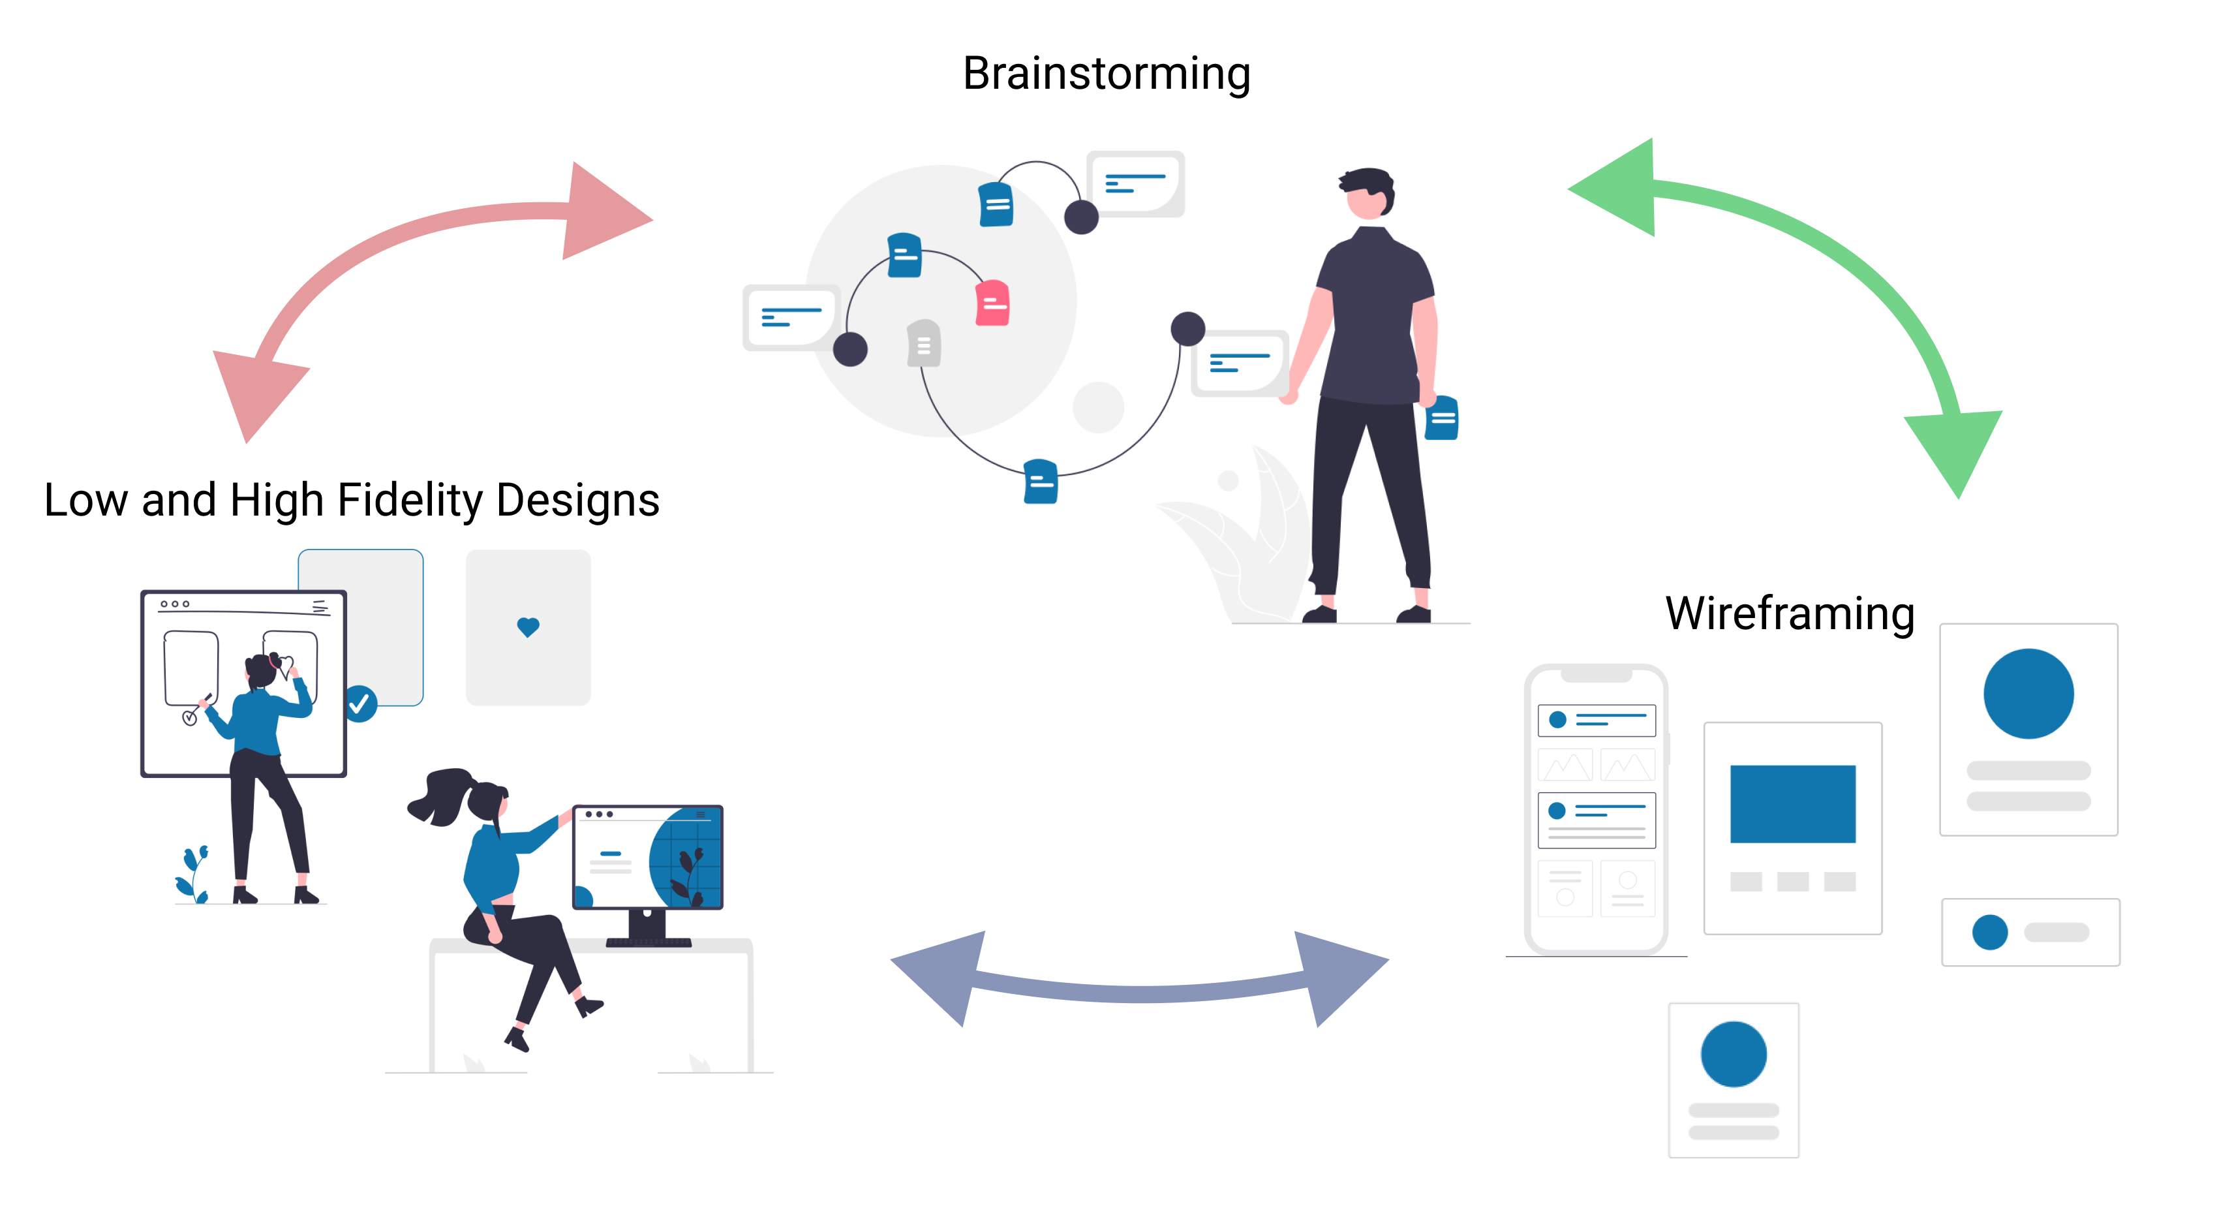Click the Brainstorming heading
pyautogui.click(x=1106, y=74)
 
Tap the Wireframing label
pyautogui.click(x=1790, y=613)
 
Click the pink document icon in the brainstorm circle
pyautogui.click(x=992, y=303)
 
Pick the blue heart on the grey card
pyautogui.click(x=528, y=627)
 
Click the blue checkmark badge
pyautogui.click(x=361, y=704)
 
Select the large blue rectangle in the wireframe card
pyautogui.click(x=1793, y=804)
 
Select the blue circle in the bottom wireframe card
pyautogui.click(x=1734, y=1054)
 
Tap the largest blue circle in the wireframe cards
pyautogui.click(x=2028, y=694)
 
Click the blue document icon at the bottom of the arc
pyautogui.click(x=1041, y=481)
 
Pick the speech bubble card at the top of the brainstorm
pyautogui.click(x=1136, y=183)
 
